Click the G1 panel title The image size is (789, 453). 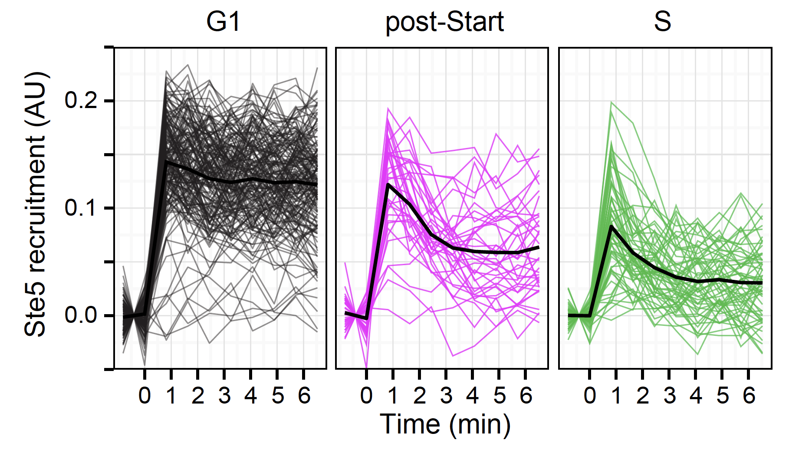coord(223,22)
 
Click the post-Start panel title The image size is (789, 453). coord(444,22)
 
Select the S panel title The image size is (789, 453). coord(662,22)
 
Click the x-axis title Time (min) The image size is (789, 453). coord(445,424)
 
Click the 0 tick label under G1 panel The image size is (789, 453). coord(145,395)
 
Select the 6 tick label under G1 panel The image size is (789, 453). coord(304,395)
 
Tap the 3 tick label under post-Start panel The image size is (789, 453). coord(446,395)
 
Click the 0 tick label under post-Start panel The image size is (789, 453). coord(366,395)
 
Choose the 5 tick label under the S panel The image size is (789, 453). coord(722,395)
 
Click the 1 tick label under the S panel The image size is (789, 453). coord(616,395)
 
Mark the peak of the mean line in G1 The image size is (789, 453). coord(166,162)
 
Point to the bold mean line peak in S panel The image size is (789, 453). coord(611,226)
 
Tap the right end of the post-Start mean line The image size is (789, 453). coord(539,247)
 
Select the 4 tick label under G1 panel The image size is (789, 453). coord(251,395)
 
